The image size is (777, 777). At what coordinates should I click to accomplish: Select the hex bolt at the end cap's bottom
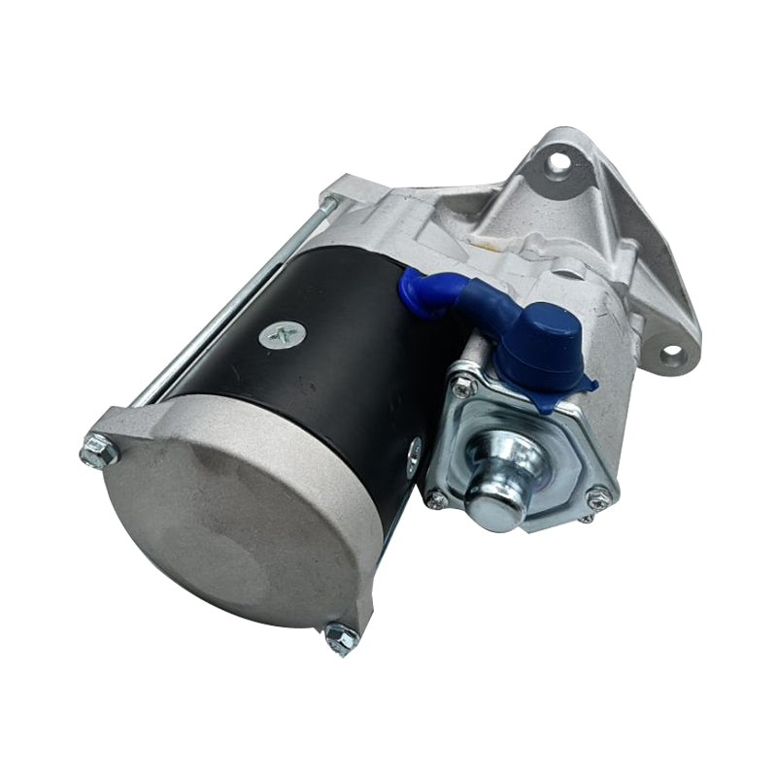point(341,637)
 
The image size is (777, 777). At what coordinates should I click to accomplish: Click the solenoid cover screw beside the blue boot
point(464,386)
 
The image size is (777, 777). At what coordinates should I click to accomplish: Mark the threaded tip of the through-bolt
point(329,203)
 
